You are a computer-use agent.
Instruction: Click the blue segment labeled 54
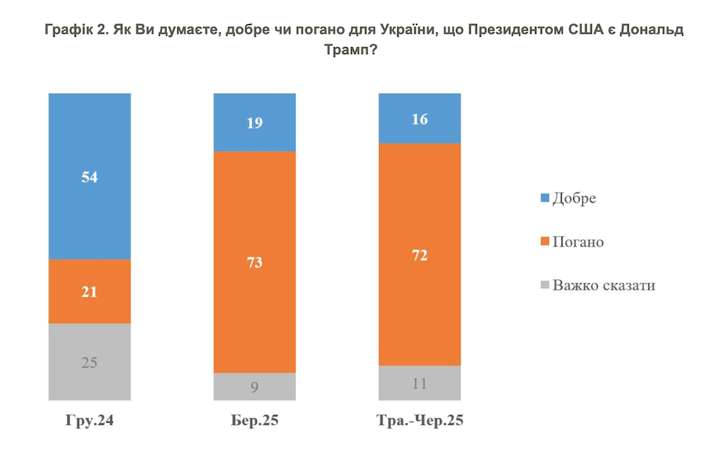(x=89, y=176)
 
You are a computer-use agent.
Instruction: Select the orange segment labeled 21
(x=89, y=291)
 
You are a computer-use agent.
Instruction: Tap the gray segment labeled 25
(x=89, y=362)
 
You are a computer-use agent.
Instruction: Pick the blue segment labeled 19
(x=255, y=122)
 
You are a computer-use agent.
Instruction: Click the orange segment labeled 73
(x=255, y=262)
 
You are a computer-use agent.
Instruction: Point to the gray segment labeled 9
(x=255, y=386)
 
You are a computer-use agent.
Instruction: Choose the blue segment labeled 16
(x=420, y=118)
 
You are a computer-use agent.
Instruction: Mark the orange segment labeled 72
(x=420, y=255)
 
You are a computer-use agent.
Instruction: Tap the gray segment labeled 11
(x=420, y=383)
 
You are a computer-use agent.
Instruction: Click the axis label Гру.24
(x=89, y=420)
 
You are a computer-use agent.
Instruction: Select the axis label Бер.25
(x=255, y=420)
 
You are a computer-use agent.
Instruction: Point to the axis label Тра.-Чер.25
(x=420, y=420)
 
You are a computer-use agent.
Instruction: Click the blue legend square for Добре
(x=542, y=198)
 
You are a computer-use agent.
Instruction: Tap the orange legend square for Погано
(x=542, y=242)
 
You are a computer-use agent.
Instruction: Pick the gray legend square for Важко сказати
(x=542, y=285)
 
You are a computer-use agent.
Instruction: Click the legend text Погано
(x=578, y=242)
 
